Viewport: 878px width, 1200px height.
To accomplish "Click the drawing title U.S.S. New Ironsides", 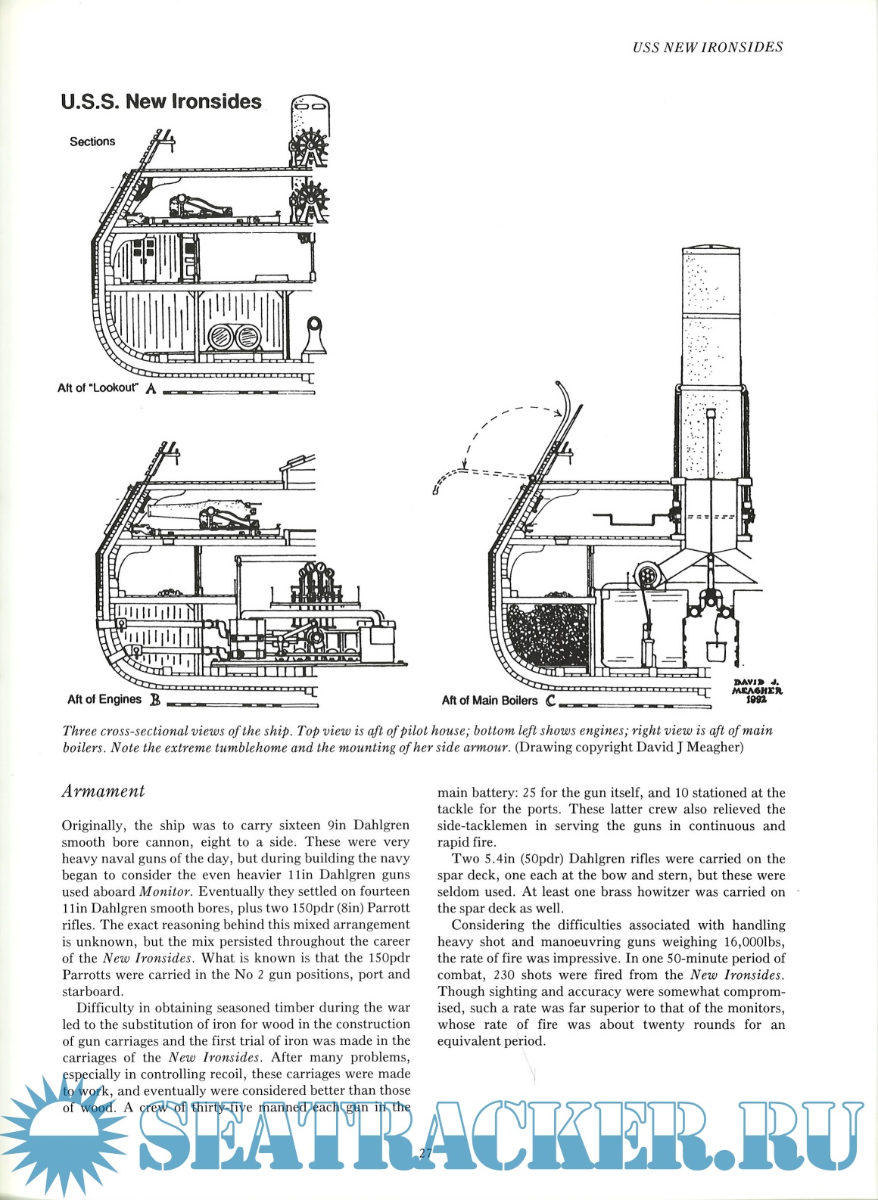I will pos(161,101).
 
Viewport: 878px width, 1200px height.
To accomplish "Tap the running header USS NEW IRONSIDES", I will pos(707,47).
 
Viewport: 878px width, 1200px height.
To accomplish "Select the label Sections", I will pos(92,141).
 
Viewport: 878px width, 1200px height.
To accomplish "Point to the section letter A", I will pos(151,389).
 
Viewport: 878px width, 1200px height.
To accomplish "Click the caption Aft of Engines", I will pos(104,699).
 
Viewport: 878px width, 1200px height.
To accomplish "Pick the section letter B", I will pos(154,700).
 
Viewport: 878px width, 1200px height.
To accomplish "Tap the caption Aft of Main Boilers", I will pos(489,701).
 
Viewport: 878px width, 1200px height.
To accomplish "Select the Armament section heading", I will pos(103,791).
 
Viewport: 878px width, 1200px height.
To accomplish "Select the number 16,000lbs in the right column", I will pos(751,941).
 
